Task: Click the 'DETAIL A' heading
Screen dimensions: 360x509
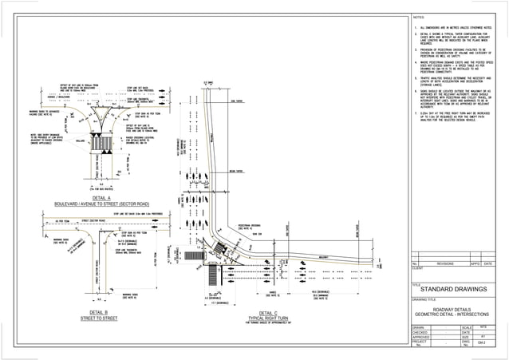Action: (101, 197)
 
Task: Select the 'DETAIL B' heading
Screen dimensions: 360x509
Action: (99, 312)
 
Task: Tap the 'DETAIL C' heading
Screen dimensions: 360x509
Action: (269, 313)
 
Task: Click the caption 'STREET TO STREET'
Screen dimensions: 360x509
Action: (99, 318)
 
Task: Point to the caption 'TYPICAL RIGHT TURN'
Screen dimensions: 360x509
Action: (269, 318)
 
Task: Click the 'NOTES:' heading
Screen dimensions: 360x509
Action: (419, 17)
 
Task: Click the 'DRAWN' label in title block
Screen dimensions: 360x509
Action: (418, 327)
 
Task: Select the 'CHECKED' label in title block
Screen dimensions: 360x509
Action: (420, 333)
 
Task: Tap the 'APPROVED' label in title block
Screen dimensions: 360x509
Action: (420, 338)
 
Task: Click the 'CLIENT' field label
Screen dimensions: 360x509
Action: (416, 268)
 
